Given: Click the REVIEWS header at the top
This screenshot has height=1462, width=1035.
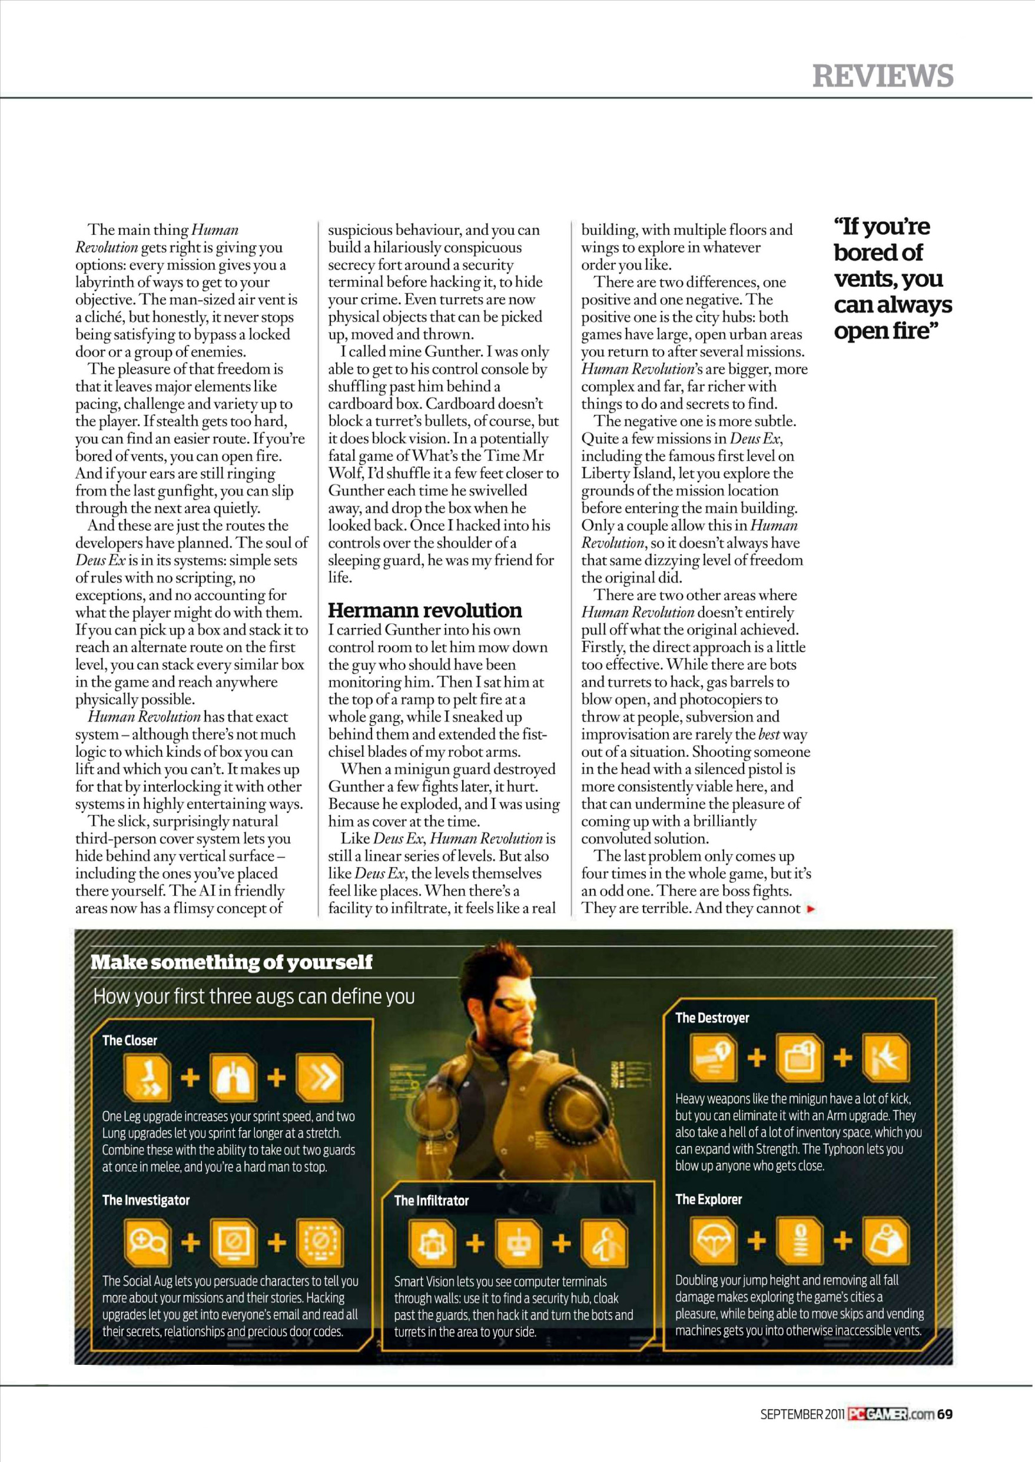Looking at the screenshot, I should pos(883,76).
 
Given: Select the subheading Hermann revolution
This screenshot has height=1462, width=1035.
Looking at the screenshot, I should pos(424,610).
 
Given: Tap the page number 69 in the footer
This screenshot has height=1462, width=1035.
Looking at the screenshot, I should pos(945,1414).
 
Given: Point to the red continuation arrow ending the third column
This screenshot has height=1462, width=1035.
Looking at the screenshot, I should pos(811,909).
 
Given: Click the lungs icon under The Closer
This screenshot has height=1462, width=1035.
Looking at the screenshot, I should pos(233,1078).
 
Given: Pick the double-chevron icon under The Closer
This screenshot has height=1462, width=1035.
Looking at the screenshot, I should pos(320,1078).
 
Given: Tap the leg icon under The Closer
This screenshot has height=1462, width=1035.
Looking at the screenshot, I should pos(147,1078).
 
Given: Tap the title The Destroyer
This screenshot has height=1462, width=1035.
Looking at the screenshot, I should pos(712,1018).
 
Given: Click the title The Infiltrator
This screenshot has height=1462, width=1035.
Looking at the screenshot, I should pos(432,1201).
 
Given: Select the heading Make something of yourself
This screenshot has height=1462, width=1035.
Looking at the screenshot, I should pos(231,962).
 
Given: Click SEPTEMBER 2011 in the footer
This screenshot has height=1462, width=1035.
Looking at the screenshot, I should pos(802,1414).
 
